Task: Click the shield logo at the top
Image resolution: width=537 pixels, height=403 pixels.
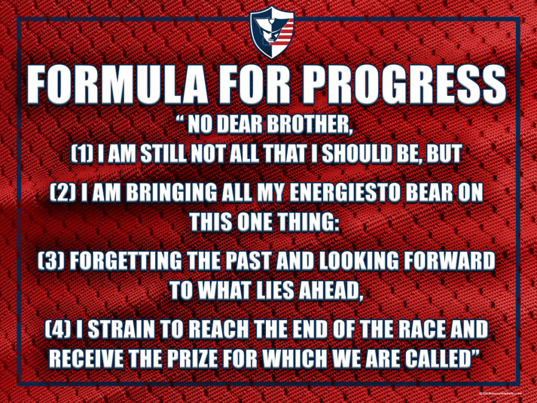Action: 272,32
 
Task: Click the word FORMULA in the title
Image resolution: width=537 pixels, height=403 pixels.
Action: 117,85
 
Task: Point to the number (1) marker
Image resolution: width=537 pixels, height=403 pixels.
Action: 82,154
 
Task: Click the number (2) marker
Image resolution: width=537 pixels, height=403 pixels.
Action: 63,193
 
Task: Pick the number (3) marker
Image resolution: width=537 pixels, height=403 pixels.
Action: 51,261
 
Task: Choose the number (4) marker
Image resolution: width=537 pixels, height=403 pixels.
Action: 58,330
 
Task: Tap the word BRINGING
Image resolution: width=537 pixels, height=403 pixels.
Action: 171,193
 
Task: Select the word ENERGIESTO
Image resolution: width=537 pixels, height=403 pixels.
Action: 345,193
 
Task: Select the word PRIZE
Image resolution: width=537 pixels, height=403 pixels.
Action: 192,359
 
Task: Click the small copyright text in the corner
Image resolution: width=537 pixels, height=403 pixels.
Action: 500,394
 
